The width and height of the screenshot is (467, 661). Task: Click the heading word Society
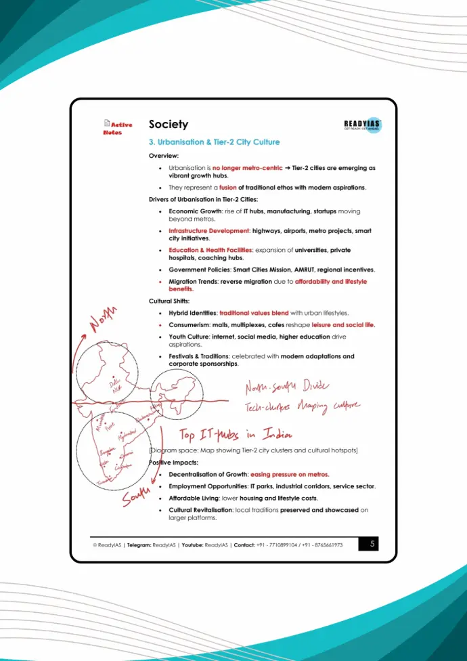pos(169,125)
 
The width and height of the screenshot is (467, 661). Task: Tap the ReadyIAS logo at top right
pos(363,125)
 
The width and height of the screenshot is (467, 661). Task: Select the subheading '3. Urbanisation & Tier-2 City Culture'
pos(214,142)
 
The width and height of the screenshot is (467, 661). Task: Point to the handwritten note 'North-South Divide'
pos(287,387)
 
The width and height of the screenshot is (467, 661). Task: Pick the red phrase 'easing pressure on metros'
pos(290,474)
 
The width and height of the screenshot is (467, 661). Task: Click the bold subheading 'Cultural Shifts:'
pos(169,301)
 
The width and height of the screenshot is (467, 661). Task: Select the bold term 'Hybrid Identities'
pos(192,313)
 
